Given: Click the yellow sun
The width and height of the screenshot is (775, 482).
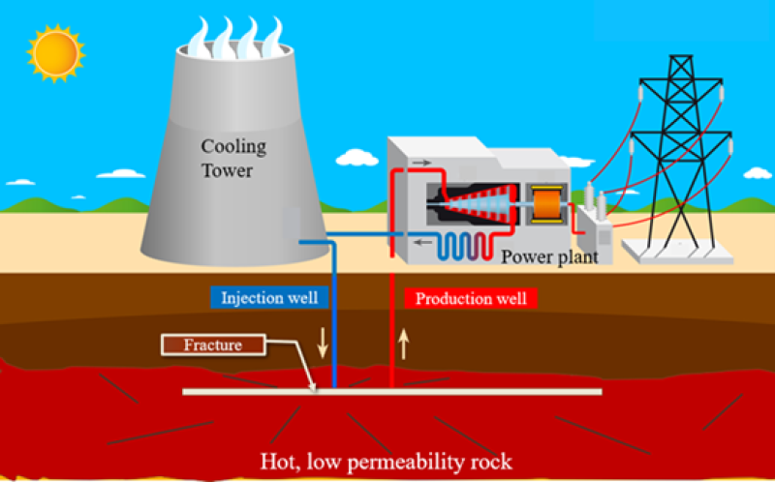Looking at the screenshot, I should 55,52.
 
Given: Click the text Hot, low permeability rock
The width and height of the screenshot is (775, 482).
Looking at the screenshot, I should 387,460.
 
